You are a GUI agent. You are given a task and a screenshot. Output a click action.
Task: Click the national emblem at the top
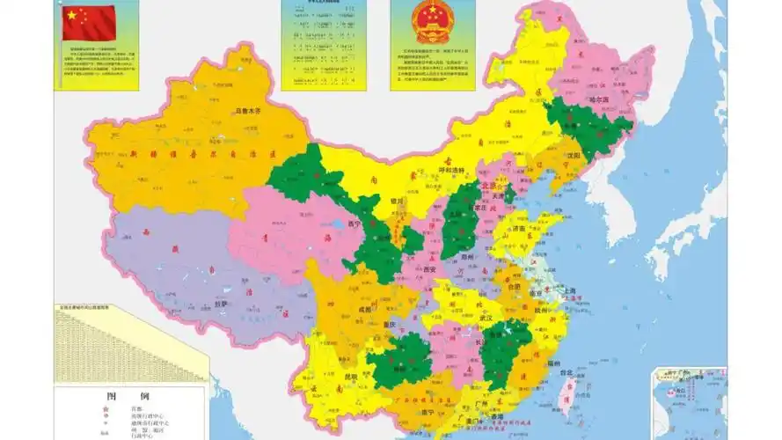coord(432,23)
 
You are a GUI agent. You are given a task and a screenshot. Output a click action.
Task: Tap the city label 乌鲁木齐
coord(251,112)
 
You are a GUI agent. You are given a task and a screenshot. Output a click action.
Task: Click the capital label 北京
coord(489,187)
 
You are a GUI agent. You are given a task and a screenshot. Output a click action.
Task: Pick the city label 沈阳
coord(574,155)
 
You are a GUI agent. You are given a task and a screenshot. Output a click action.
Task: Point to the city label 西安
coord(430,268)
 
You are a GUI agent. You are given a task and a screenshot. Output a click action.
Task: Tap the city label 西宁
coord(355,224)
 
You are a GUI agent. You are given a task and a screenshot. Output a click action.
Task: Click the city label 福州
coord(553,362)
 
